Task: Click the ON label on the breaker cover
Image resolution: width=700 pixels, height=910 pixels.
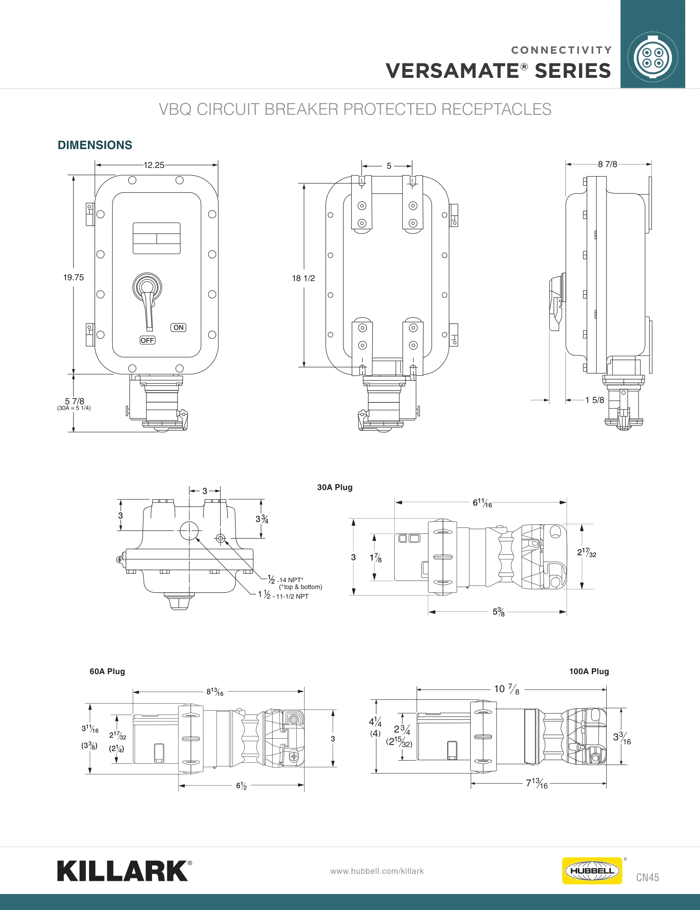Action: [178, 327]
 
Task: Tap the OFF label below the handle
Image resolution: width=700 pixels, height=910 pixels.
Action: [147, 341]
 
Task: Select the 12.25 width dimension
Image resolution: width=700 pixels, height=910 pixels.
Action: [154, 165]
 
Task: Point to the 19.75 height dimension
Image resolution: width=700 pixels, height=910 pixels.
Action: [73, 278]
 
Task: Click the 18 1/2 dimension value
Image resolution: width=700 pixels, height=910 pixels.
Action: [304, 278]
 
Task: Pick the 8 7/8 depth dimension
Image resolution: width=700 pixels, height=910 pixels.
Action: [607, 164]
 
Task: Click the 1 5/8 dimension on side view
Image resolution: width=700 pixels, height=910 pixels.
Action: [595, 400]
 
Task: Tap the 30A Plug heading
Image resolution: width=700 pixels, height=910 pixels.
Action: [335, 487]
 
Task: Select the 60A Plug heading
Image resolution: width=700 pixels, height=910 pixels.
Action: [107, 671]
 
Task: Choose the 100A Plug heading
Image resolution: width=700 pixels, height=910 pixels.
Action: [589, 671]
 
